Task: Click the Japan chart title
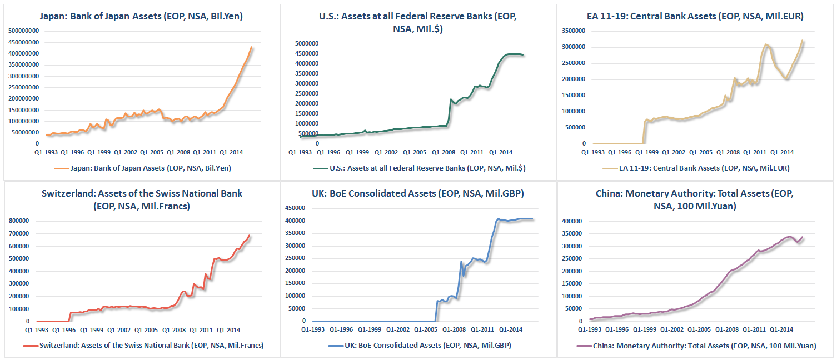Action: (141, 17)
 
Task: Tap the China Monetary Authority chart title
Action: (695, 199)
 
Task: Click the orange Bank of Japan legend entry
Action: (141, 168)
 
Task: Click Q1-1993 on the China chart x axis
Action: (592, 328)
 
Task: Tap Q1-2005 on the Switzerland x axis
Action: (151, 328)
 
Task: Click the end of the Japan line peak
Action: (252, 47)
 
